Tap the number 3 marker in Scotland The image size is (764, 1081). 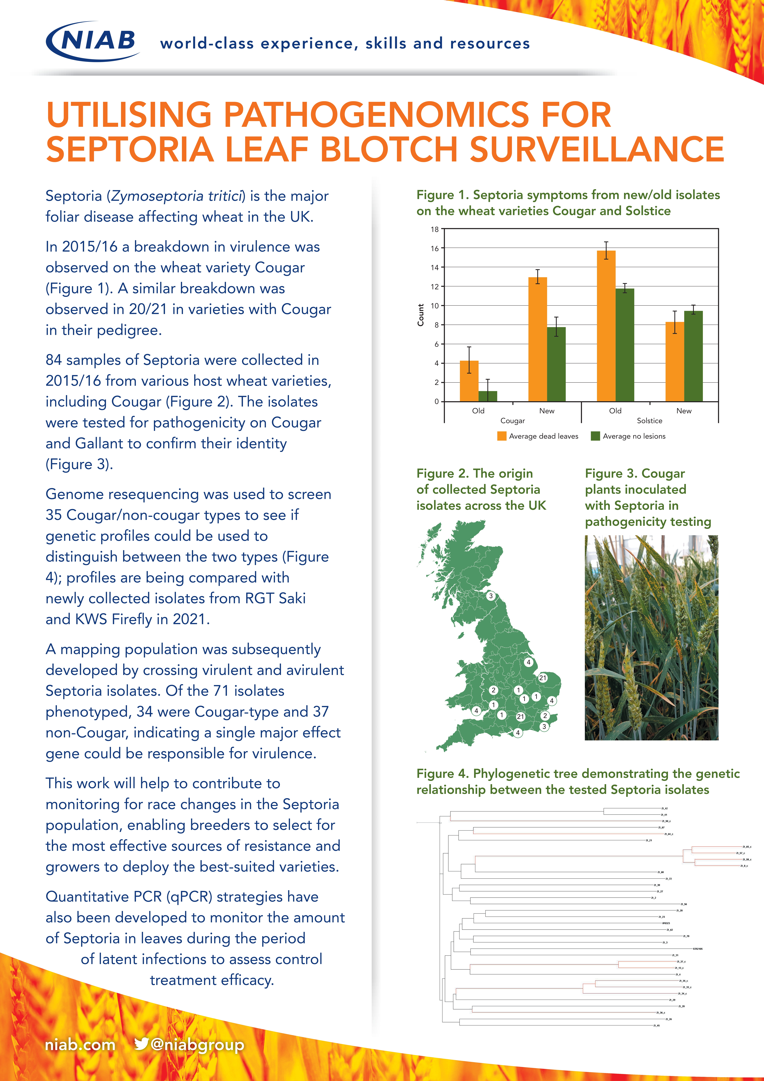pyautogui.click(x=491, y=596)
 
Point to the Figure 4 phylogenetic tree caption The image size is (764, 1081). pyautogui.click(x=578, y=782)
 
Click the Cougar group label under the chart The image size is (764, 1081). pyautogui.click(x=512, y=420)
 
